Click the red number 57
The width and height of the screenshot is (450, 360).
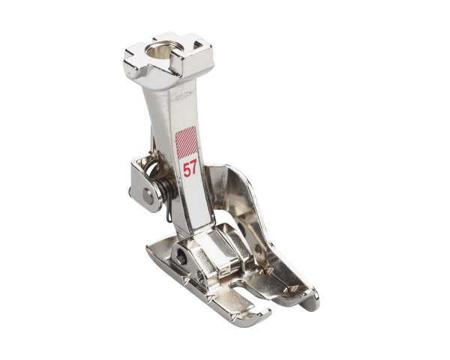coord(190,167)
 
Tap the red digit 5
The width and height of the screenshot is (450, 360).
coord(185,167)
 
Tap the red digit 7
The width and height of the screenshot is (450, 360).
coord(195,167)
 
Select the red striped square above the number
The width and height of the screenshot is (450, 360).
coord(189,142)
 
